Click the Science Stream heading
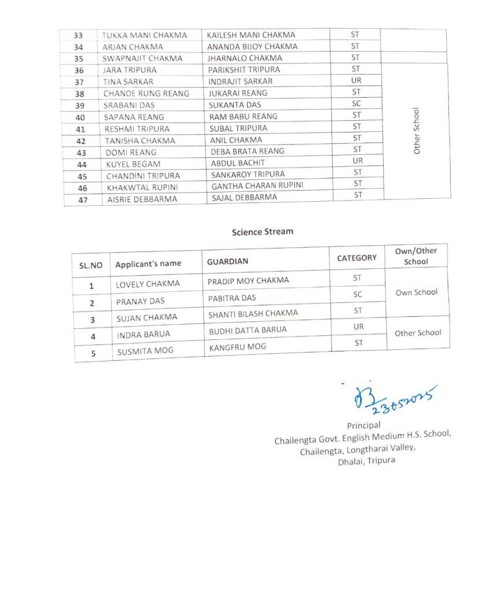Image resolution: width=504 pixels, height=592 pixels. pos(262,232)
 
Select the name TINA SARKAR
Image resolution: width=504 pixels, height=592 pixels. pos(128,82)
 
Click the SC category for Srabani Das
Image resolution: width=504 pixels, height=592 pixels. pos(356,103)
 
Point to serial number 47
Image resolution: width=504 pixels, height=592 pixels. pos(83,199)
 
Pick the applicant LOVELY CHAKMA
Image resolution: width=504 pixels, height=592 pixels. pos(148,284)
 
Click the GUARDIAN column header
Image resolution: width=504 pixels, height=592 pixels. pos(227,261)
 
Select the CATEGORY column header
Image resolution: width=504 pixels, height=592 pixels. pos(356,258)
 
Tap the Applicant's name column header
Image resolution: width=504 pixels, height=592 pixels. pos(148,264)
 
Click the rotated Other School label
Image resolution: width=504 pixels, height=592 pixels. pos(417,131)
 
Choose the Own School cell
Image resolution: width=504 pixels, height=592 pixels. pos(417,292)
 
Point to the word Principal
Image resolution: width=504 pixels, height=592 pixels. pos(363,425)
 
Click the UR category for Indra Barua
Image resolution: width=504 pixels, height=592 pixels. pos(358,327)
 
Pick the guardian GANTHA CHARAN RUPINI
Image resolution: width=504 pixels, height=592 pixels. pos(257,186)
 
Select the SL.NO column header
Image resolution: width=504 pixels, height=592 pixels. pos(90,265)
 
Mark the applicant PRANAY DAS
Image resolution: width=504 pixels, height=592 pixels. pos(140,301)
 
